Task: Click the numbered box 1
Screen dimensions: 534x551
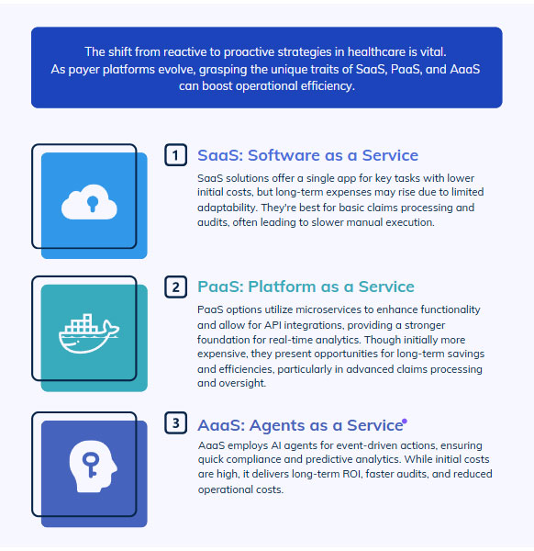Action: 175,155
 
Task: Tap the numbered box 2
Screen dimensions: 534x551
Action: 175,287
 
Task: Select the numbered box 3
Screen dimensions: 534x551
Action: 175,422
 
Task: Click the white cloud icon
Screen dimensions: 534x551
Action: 89,202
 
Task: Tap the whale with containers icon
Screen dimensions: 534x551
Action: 89,333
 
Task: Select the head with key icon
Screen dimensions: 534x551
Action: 93,467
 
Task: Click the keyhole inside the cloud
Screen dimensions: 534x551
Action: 93,204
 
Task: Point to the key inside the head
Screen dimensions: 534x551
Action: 91,465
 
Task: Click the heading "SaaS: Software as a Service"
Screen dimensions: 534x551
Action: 307,155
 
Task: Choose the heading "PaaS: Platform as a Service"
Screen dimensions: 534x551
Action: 306,287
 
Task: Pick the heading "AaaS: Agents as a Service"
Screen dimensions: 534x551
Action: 300,425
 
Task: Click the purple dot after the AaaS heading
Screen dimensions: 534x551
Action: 405,421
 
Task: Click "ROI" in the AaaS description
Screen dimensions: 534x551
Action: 352,474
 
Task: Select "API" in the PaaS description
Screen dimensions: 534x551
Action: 273,325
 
